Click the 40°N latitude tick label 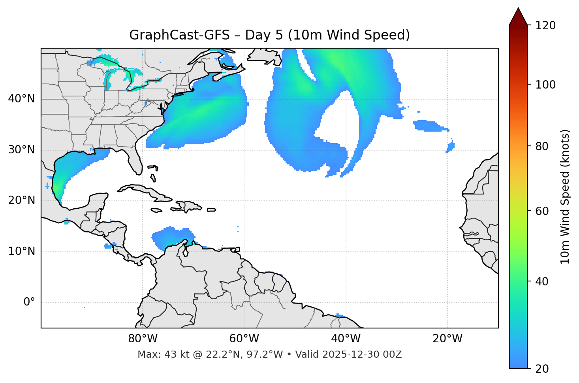pos(21,99)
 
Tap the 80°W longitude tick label pos(143,339)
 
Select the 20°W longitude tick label pos(447,339)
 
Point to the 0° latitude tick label pos(29,302)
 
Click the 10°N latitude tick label pos(21,251)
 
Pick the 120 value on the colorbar pos(545,25)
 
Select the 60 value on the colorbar pos(542,211)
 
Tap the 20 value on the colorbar pos(542,369)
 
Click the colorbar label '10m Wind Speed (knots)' pos(565,196)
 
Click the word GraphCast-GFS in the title pos(179,35)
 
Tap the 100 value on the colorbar pos(545,85)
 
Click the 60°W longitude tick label pos(244,339)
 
